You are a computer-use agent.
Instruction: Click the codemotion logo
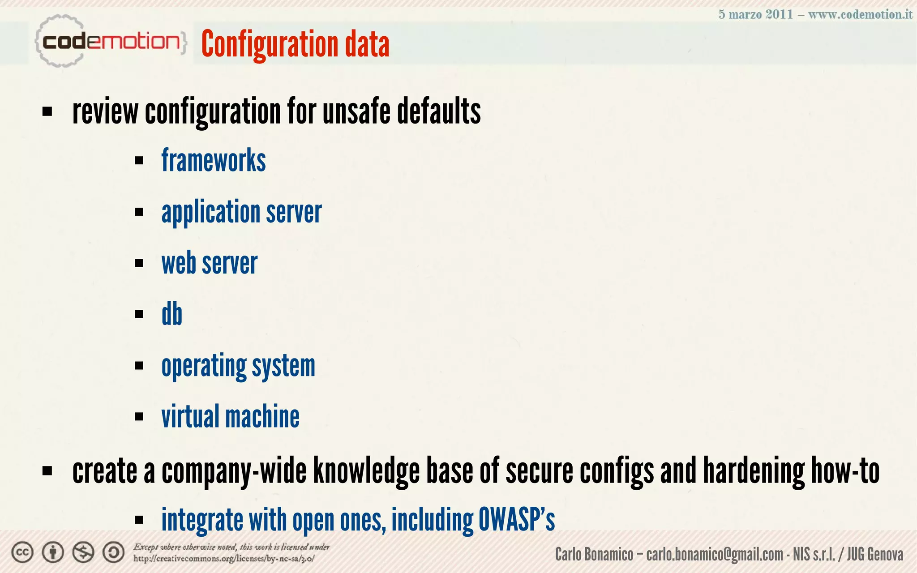(110, 42)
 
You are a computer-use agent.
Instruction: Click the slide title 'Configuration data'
(295, 44)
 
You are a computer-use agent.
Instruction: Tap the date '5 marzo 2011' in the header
(755, 14)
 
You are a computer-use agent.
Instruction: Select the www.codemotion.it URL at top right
(860, 14)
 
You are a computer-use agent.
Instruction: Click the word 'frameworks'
(214, 160)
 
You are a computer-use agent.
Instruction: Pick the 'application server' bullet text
(241, 212)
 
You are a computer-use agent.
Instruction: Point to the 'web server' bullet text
(209, 263)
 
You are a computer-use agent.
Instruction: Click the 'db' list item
(172, 314)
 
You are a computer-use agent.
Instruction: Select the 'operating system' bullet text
(238, 366)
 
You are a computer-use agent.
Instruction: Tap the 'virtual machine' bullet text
(230, 417)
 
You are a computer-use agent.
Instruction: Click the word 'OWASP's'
(517, 520)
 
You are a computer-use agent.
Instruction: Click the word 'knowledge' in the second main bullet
(366, 471)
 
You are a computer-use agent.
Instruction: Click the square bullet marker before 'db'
(139, 314)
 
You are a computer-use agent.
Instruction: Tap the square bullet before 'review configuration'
(47, 111)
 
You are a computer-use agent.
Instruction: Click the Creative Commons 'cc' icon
(22, 552)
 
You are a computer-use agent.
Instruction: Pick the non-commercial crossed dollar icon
(83, 552)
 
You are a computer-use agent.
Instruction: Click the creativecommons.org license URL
(224, 559)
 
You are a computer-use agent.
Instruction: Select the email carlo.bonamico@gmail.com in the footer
(715, 555)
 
